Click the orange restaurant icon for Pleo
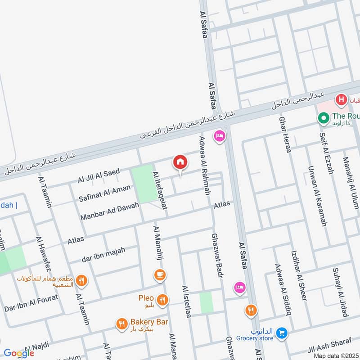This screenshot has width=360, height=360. pos(163,299)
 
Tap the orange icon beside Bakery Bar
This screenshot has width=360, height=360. pos(121,323)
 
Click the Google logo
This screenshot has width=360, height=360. pos(19,353)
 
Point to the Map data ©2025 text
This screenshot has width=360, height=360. pos(335,355)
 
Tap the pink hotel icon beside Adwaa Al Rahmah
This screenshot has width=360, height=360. pos(220,135)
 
